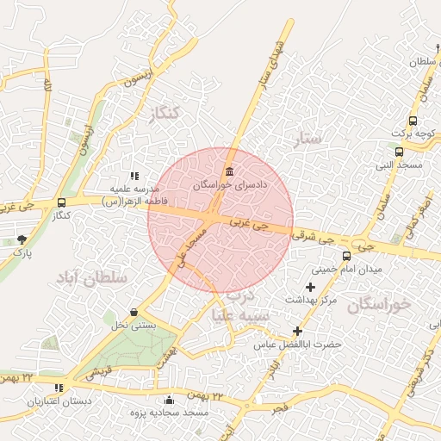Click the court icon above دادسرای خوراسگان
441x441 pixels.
click(x=228, y=171)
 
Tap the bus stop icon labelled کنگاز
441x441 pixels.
click(x=60, y=202)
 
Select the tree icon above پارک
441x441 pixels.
click(x=22, y=239)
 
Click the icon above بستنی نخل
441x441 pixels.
click(x=134, y=312)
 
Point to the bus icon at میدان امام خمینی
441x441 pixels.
click(x=346, y=256)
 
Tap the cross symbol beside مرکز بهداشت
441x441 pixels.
click(x=310, y=286)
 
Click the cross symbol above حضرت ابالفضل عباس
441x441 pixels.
click(x=297, y=331)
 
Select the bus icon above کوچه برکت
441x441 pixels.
click(x=413, y=121)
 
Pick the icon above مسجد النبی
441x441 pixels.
click(x=399, y=152)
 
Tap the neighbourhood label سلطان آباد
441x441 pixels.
click(x=91, y=278)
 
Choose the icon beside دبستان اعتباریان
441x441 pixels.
click(x=59, y=388)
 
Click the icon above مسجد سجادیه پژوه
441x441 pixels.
click(x=169, y=400)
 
